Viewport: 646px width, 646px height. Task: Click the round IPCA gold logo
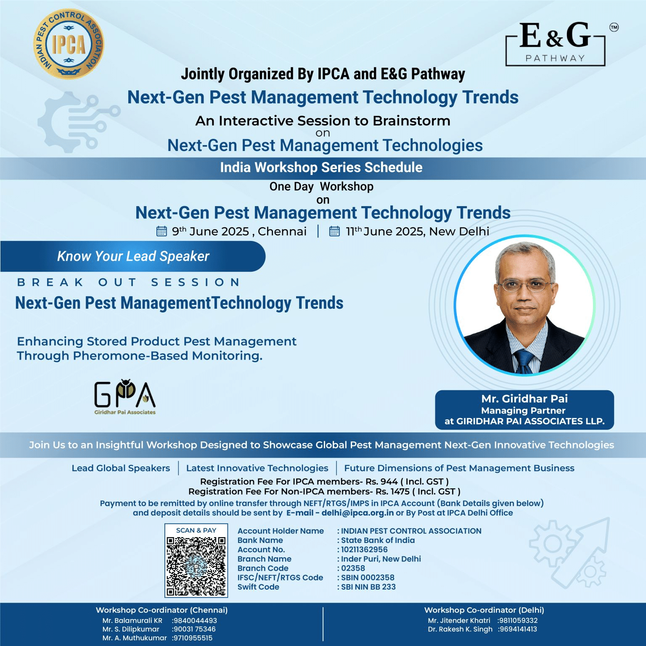(x=69, y=44)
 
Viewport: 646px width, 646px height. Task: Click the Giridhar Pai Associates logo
(x=125, y=397)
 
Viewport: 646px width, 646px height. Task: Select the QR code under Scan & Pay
(x=196, y=566)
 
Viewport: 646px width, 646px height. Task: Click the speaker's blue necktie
(x=524, y=361)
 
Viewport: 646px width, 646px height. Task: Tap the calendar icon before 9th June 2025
(x=161, y=231)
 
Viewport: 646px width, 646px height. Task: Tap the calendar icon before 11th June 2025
(x=334, y=231)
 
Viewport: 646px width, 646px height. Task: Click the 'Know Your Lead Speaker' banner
(x=133, y=256)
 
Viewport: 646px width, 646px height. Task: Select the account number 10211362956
(x=364, y=550)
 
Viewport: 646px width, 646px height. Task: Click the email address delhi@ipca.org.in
(x=357, y=513)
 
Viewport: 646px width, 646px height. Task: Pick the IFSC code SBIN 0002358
(x=368, y=577)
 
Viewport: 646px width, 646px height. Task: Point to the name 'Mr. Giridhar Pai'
(x=524, y=399)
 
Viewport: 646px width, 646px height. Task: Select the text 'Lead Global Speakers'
(x=121, y=468)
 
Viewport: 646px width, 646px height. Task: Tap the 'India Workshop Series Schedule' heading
(x=321, y=167)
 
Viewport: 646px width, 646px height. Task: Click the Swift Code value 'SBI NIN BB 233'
(x=368, y=587)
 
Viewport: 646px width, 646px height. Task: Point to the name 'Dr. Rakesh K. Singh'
(x=460, y=629)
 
